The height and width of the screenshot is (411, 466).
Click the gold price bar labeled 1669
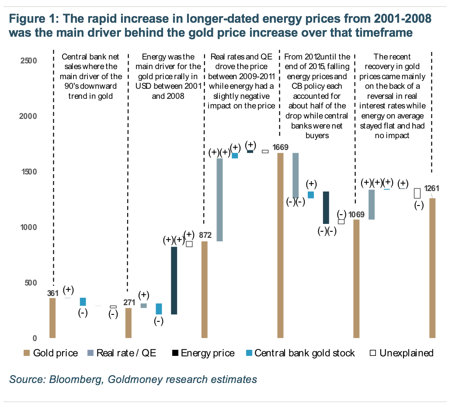(x=280, y=245)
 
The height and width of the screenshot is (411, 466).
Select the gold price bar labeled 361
(x=52, y=318)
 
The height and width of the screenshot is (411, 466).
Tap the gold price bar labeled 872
(x=204, y=289)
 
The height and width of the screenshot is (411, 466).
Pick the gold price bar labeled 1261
(x=432, y=268)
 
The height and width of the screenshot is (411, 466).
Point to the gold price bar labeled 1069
(x=356, y=279)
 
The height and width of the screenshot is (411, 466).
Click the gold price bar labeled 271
(x=129, y=323)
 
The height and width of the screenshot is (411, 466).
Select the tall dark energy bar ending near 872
(x=174, y=280)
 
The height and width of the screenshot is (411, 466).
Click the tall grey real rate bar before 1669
(x=220, y=199)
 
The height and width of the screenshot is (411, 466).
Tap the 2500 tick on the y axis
(x=28, y=60)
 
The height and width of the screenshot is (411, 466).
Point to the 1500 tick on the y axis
(x=28, y=172)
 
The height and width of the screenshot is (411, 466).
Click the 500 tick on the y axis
(x=30, y=283)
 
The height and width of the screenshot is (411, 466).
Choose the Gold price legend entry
(x=51, y=353)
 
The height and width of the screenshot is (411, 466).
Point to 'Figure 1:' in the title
(x=32, y=19)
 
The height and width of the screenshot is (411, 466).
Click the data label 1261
(x=431, y=188)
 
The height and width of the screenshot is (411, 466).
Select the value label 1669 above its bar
(x=280, y=147)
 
